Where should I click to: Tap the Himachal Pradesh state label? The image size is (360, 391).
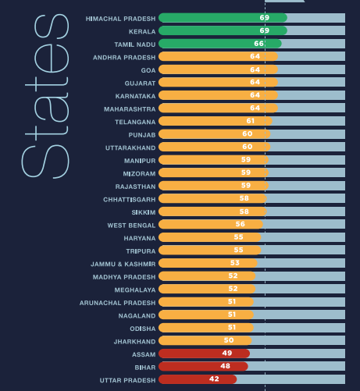point(120,17)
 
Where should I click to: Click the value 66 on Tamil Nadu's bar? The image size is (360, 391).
point(258,44)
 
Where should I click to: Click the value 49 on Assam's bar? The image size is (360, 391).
point(226,354)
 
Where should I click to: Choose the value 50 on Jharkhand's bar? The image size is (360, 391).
point(229,340)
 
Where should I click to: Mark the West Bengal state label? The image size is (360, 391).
point(131,225)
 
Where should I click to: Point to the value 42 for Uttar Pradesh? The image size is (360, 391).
point(214,379)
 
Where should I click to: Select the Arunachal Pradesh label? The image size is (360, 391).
point(118,302)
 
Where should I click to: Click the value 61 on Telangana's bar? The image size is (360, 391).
point(251,121)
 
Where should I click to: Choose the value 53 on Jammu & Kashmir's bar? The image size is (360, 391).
point(234,263)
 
